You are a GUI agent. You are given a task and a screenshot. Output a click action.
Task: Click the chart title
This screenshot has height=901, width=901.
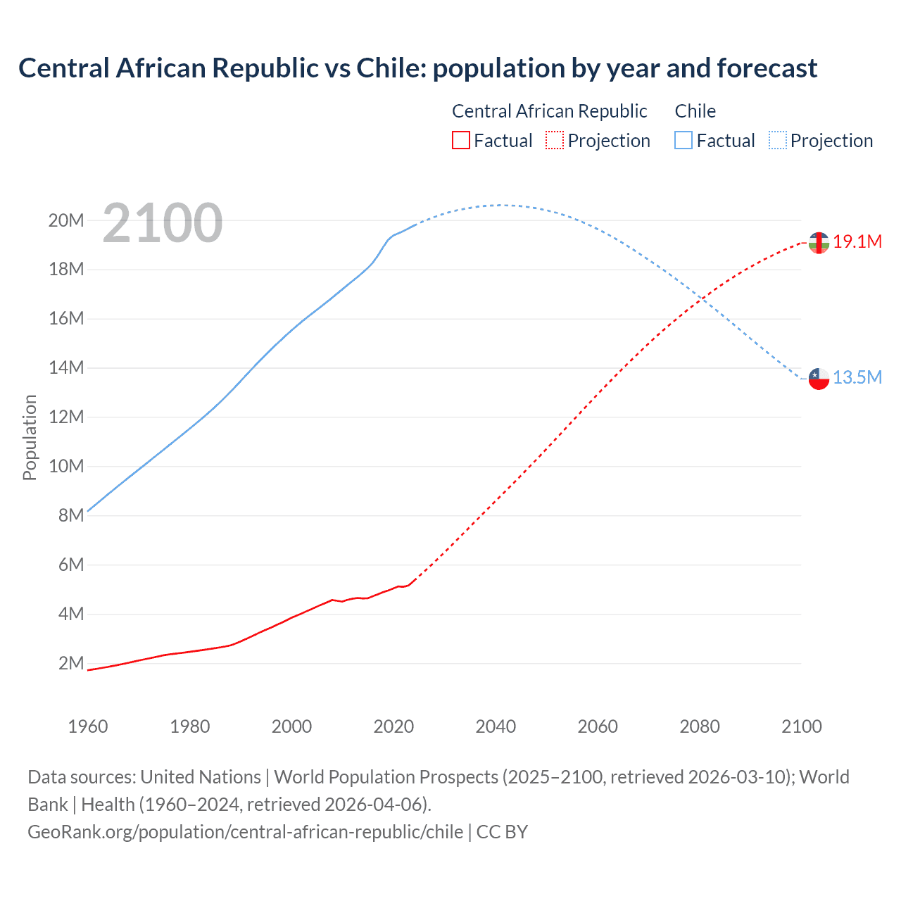tap(417, 68)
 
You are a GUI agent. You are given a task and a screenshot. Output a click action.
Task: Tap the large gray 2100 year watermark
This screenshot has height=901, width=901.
tap(163, 223)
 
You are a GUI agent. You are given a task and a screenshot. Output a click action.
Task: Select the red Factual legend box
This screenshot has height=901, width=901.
tap(460, 140)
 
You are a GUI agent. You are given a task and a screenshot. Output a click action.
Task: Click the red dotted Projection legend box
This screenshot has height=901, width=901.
tap(555, 140)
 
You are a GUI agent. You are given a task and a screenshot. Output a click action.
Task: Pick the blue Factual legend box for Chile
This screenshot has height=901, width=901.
tap(683, 140)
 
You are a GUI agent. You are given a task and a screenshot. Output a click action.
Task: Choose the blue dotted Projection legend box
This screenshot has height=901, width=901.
tap(778, 140)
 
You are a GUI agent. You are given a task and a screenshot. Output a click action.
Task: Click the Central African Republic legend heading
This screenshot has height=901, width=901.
tap(549, 111)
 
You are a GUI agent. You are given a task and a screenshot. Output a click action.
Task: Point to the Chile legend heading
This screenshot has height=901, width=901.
tap(695, 111)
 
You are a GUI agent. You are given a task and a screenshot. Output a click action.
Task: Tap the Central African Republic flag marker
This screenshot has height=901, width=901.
tap(819, 242)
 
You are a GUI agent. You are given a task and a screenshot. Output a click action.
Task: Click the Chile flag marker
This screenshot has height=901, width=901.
tap(819, 379)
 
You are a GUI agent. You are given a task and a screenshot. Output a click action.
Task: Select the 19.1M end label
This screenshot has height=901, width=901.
tap(857, 242)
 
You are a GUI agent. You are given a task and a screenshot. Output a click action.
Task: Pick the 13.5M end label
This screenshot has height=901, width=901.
tap(857, 378)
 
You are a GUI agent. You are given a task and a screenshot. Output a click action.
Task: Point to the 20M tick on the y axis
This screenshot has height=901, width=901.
tap(66, 221)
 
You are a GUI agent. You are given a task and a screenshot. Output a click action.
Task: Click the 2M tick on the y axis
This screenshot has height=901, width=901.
tap(70, 664)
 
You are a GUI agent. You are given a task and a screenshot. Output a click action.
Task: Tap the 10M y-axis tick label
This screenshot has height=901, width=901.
tap(66, 467)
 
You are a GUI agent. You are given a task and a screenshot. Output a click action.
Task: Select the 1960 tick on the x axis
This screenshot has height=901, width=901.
tap(88, 726)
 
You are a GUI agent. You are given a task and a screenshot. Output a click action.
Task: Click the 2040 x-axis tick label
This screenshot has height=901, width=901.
tap(496, 726)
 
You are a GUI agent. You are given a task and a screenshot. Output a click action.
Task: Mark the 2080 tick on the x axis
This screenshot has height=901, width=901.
tap(700, 726)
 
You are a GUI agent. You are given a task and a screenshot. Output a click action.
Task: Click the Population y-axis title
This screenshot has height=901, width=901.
tap(30, 437)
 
